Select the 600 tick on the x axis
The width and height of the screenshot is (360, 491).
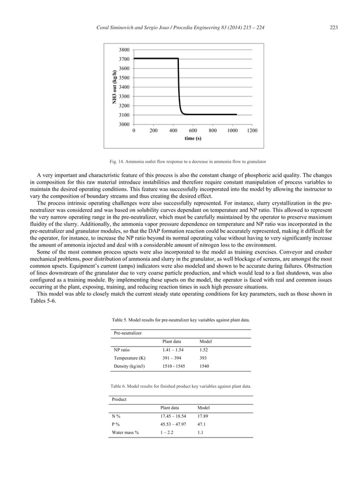click(x=193, y=130)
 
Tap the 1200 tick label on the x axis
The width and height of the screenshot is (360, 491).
click(x=252, y=130)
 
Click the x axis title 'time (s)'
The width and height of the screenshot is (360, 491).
click(x=192, y=138)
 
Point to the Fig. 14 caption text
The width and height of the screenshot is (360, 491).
click(x=179, y=162)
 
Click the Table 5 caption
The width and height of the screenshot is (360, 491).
click(x=179, y=320)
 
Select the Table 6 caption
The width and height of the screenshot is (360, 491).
click(x=179, y=386)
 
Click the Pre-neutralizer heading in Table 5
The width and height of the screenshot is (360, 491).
click(x=128, y=334)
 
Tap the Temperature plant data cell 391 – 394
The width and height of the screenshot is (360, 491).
click(x=172, y=358)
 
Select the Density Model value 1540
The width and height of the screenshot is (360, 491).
click(x=205, y=366)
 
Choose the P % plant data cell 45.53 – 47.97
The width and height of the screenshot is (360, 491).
click(x=173, y=424)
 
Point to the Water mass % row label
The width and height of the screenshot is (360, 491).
click(x=125, y=432)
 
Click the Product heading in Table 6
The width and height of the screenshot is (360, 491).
click(x=119, y=399)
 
